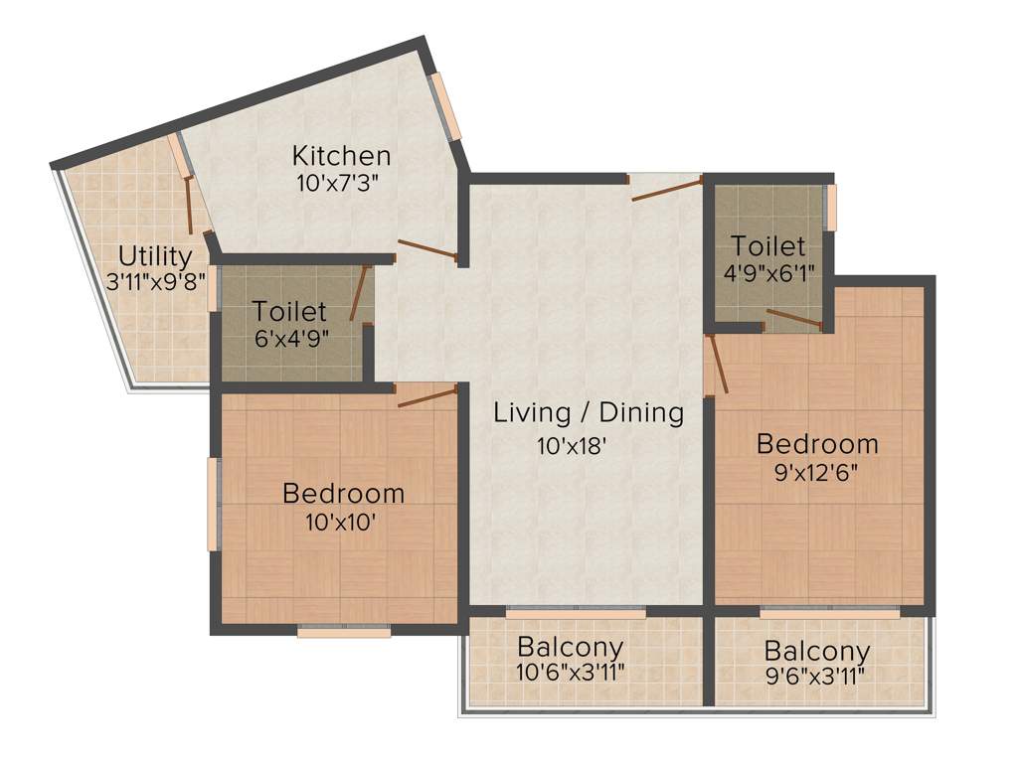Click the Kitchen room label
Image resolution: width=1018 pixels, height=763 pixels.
tap(341, 156)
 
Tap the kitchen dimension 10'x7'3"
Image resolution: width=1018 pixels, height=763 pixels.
tap(338, 183)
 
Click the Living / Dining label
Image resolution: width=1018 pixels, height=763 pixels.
tap(589, 412)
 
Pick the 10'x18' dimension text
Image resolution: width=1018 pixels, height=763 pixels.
tap(572, 446)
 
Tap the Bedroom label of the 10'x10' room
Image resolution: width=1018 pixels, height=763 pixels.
tap(343, 493)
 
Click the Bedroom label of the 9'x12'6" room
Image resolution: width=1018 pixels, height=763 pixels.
tap(817, 443)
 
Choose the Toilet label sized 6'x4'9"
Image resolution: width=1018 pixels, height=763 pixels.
tap(289, 311)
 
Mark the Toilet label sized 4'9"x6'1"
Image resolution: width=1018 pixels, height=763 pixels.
tap(767, 245)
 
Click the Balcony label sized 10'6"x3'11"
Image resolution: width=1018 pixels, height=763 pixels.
tap(571, 648)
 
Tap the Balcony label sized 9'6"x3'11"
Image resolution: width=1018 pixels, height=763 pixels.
tap(817, 653)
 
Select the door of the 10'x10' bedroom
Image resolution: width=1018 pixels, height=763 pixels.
tap(426, 395)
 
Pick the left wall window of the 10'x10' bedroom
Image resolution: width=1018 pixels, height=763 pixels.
tap(213, 503)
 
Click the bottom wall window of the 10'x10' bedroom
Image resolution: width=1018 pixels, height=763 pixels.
tap(344, 631)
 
